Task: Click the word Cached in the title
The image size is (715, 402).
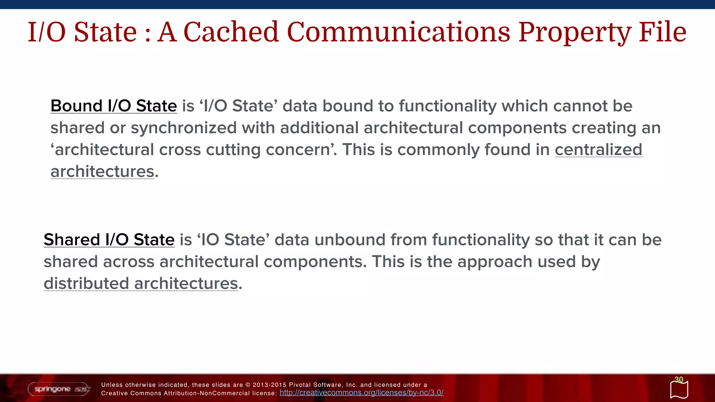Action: click(231, 32)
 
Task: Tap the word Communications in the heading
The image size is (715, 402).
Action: click(398, 32)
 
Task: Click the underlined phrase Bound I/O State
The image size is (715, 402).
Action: click(113, 106)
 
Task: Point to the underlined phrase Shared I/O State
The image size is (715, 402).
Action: click(109, 240)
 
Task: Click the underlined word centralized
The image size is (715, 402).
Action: click(598, 150)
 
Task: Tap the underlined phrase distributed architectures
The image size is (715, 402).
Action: click(141, 283)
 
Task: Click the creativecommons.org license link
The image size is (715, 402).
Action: click(361, 393)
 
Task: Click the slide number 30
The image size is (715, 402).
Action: click(679, 380)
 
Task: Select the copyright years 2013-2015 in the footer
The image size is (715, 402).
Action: click(269, 385)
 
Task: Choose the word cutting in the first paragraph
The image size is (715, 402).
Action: click(233, 150)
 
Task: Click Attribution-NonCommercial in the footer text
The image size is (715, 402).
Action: click(207, 393)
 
